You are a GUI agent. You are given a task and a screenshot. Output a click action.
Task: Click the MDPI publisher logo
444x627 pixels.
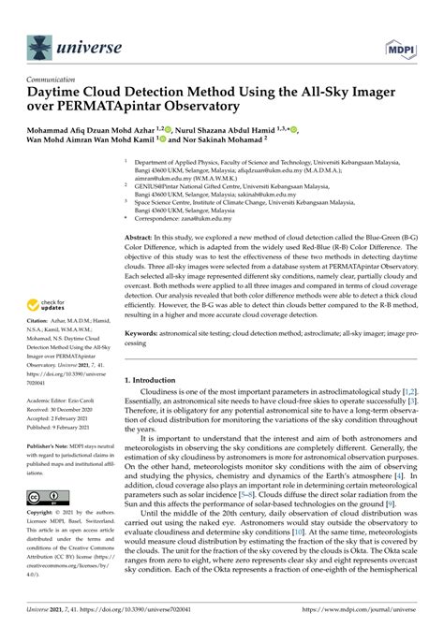click(398, 45)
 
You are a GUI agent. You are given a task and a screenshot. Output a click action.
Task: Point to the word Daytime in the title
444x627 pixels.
click(61, 94)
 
